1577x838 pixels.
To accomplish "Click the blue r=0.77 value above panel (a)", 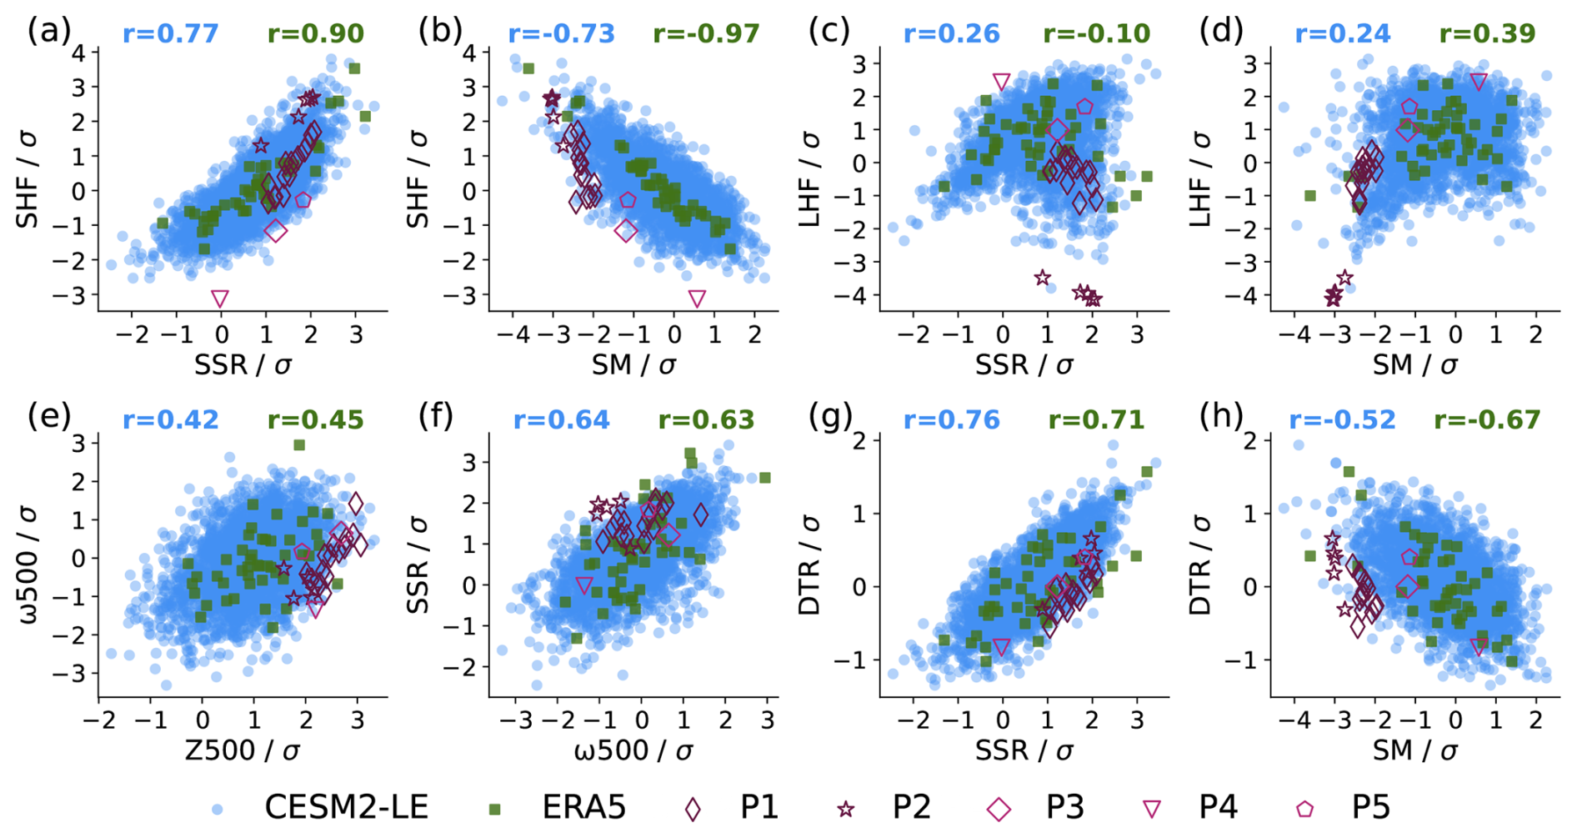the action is tap(171, 34).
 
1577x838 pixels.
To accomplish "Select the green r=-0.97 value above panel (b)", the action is tap(707, 34).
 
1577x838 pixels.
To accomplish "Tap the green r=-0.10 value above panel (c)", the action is tap(1097, 34).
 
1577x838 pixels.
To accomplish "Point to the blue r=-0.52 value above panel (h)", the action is tap(1343, 419).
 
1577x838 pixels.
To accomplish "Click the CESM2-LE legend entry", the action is tap(322, 807).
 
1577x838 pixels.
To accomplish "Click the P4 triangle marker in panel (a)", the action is tap(220, 299).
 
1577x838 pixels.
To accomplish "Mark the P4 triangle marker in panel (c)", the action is tap(1002, 82).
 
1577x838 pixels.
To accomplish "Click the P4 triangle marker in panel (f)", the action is tap(584, 585).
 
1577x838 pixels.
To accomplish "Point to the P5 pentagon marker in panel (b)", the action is tap(628, 200).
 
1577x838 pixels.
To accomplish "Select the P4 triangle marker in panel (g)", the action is tap(1002, 647).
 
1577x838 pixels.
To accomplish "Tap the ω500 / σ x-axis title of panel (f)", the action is tap(633, 750).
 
